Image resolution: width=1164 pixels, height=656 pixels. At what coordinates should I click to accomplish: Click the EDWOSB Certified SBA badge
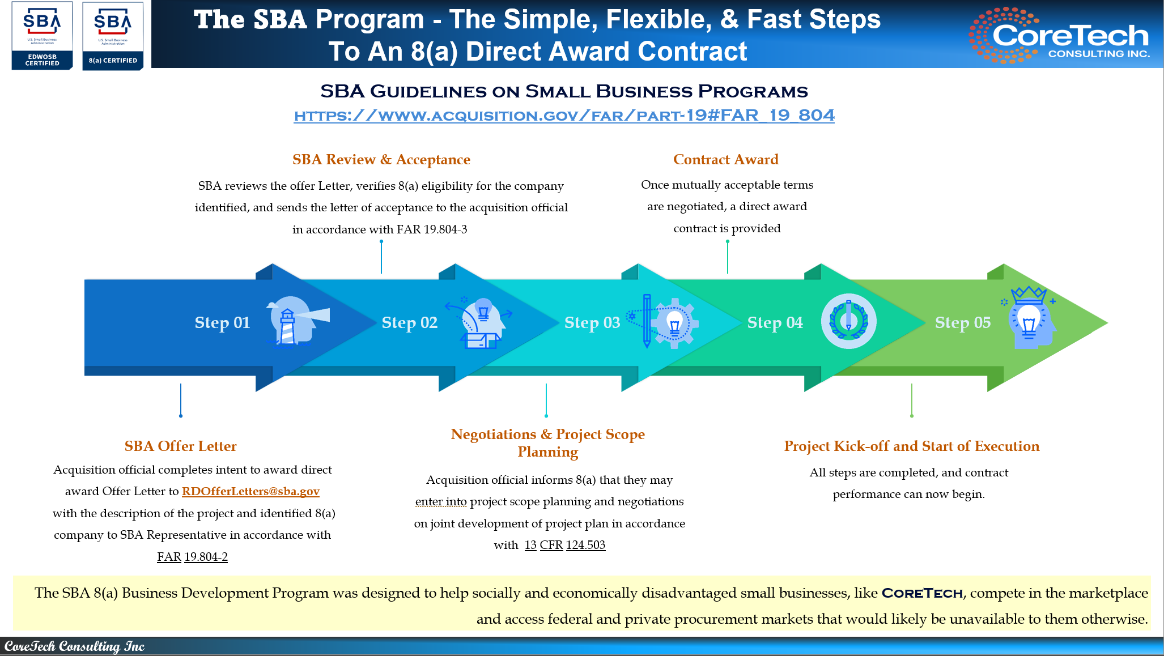click(x=43, y=36)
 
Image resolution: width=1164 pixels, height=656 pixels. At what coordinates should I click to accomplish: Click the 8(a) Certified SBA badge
click(x=113, y=36)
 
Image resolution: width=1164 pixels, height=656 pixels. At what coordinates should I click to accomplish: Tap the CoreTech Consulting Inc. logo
click(x=1059, y=35)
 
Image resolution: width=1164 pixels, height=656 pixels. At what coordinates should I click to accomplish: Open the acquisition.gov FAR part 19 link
click(x=564, y=116)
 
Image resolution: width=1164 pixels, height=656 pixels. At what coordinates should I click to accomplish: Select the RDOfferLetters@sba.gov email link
click(x=250, y=491)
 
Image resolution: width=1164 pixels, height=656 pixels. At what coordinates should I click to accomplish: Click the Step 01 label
click(x=222, y=322)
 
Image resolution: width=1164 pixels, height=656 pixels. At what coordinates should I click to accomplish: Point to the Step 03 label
click(x=592, y=322)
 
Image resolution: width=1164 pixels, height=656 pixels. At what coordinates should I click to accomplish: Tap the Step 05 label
click(x=962, y=322)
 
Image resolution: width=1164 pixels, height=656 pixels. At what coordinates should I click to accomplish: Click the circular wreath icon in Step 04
click(x=848, y=321)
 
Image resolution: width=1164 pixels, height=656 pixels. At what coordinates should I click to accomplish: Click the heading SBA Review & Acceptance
click(x=381, y=160)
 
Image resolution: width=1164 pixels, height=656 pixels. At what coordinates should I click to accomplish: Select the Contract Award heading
click(x=725, y=160)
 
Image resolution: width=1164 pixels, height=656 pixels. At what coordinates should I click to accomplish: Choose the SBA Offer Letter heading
click(x=180, y=446)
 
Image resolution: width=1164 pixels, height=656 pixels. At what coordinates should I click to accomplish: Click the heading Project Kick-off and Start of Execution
click(x=911, y=446)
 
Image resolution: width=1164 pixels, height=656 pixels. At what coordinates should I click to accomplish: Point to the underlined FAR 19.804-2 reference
click(x=192, y=557)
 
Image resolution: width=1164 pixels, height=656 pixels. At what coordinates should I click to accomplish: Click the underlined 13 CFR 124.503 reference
click(x=564, y=545)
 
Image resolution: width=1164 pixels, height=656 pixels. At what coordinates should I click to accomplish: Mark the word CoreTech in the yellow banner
click(x=922, y=593)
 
